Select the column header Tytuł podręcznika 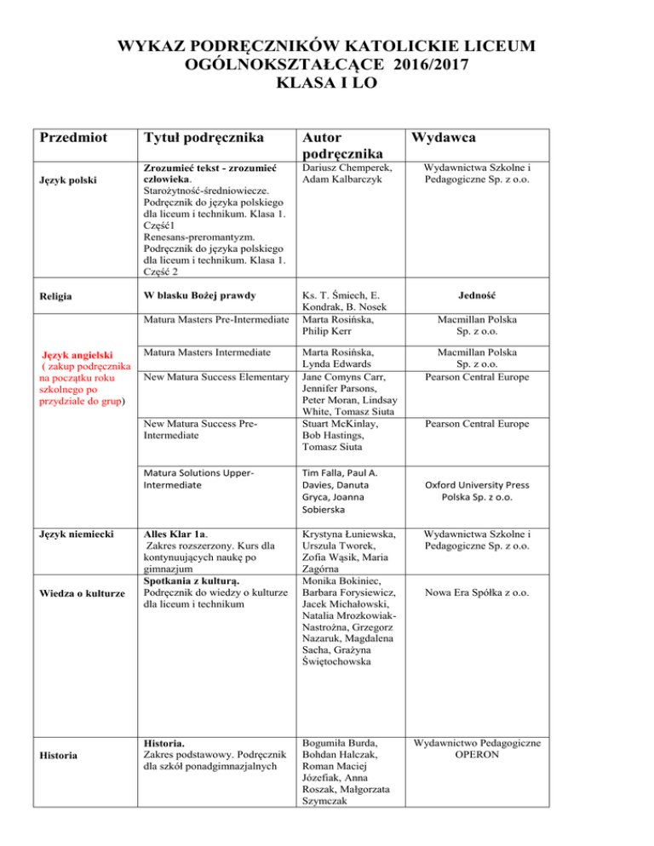[x=204, y=139]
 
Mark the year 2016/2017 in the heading [x=429, y=65]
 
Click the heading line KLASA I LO [x=326, y=85]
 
